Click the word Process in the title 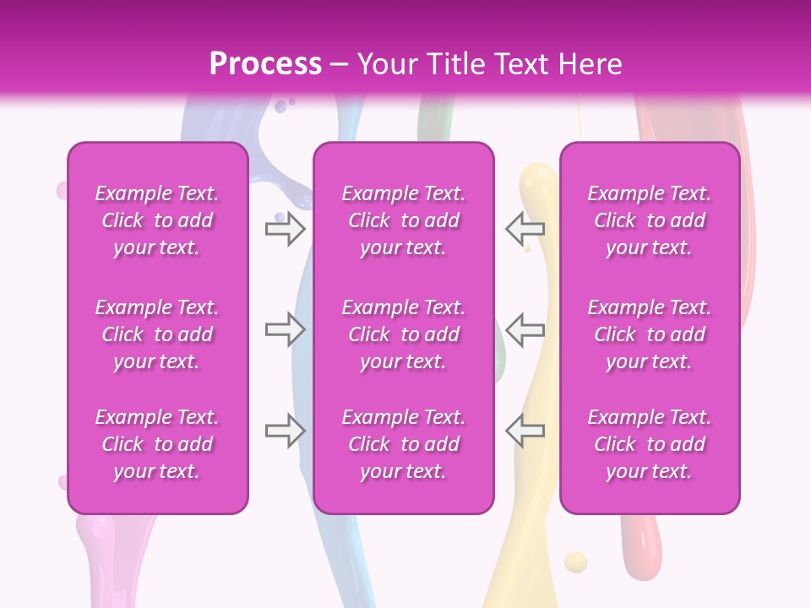pos(265,64)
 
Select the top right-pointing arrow pos(286,229)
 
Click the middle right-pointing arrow pos(286,330)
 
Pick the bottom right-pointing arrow pos(286,431)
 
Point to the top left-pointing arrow pos(525,229)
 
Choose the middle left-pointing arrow pos(525,330)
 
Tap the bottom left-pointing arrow pos(525,431)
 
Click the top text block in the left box pos(157,220)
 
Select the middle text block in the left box pos(157,334)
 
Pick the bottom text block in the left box pos(157,444)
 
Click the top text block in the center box pos(404,220)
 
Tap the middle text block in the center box pos(404,334)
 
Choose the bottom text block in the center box pos(404,444)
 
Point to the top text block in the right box pos(650,220)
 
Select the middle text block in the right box pos(650,334)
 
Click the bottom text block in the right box pos(650,444)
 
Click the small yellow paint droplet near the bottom pos(575,562)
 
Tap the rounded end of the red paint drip pos(640,540)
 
